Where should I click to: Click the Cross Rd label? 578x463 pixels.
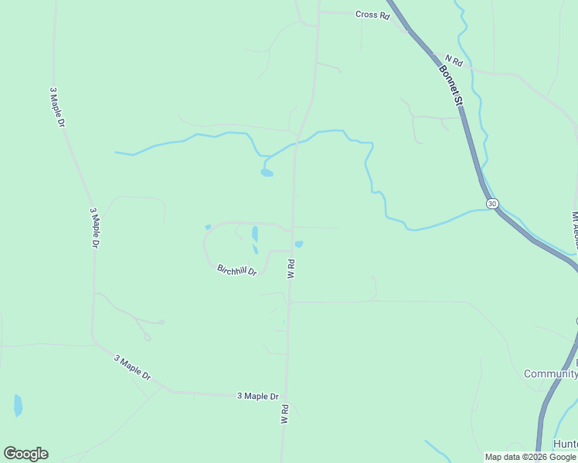372,15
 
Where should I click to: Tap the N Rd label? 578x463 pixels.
454,61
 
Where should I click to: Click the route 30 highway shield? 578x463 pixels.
492,203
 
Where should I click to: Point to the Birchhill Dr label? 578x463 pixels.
236,270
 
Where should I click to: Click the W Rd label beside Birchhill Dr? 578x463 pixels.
291,269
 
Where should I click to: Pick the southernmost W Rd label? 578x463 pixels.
284,414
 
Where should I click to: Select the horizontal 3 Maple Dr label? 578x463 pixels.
257,396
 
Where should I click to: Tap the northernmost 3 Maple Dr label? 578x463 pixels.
56,107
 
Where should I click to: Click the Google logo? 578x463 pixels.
25,454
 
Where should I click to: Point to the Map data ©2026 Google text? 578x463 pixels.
531,457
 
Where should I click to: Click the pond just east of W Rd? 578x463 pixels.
299,245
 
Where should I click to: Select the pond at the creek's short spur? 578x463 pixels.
267,173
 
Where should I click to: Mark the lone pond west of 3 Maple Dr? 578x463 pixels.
18,404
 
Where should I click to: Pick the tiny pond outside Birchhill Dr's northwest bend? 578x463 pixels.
207,227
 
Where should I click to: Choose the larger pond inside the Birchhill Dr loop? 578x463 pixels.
255,233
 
